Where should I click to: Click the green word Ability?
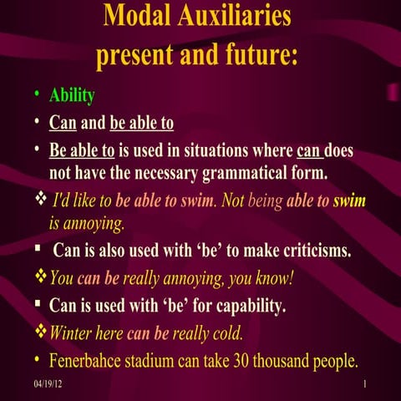(72, 96)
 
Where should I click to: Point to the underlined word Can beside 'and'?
(63, 124)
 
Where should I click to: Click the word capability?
(243, 307)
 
